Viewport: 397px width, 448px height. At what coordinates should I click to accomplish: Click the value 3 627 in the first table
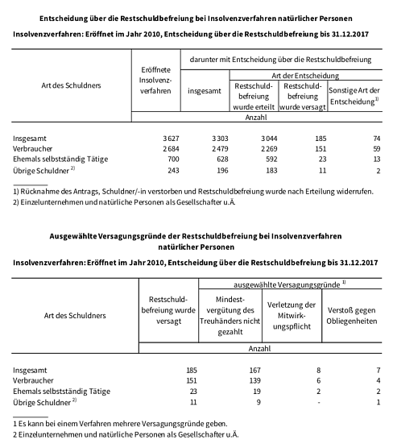tap(164, 139)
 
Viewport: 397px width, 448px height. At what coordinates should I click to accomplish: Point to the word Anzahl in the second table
tap(259, 348)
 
